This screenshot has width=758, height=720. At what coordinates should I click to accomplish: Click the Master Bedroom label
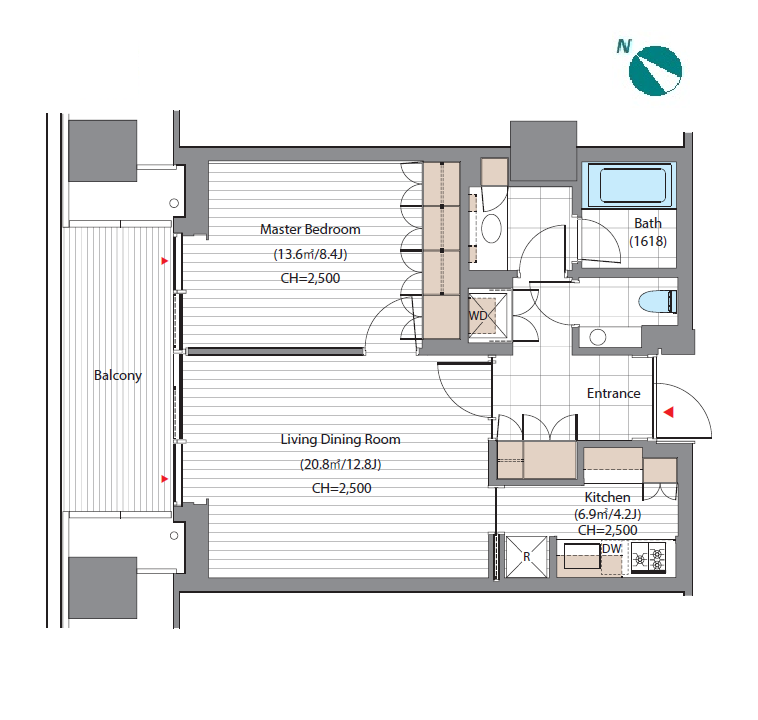pyautogui.click(x=310, y=229)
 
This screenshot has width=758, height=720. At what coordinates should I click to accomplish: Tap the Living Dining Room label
pyautogui.click(x=341, y=440)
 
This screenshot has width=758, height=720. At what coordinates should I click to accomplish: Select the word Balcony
pyautogui.click(x=118, y=376)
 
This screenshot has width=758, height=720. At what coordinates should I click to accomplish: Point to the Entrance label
pyautogui.click(x=613, y=394)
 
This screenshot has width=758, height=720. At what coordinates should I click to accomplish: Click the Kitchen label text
pyautogui.click(x=608, y=497)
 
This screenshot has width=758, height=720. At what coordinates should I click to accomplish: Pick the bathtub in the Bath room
pyautogui.click(x=629, y=185)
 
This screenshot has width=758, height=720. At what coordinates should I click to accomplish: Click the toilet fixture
pyautogui.click(x=657, y=302)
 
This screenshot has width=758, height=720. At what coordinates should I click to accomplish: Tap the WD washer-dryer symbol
pyautogui.click(x=488, y=316)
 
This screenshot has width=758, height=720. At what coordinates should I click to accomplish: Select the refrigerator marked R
pyautogui.click(x=526, y=557)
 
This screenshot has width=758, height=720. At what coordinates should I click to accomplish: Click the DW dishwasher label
pyautogui.click(x=612, y=549)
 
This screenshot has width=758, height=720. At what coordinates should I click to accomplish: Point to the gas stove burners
pyautogui.click(x=649, y=558)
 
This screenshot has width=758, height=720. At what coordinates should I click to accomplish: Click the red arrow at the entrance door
pyautogui.click(x=669, y=412)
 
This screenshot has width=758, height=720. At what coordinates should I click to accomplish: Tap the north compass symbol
pyautogui.click(x=656, y=71)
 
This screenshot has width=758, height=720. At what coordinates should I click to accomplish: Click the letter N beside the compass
pyautogui.click(x=624, y=46)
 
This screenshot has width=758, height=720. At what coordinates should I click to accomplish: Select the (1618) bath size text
pyautogui.click(x=648, y=241)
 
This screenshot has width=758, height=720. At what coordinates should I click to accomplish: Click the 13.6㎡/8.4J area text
pyautogui.click(x=310, y=254)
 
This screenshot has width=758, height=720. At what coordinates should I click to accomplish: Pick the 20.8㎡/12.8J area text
pyautogui.click(x=341, y=464)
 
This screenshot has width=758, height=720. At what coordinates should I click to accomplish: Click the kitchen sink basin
pyautogui.click(x=583, y=556)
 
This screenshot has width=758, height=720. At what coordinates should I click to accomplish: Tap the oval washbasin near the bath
pyautogui.click(x=492, y=228)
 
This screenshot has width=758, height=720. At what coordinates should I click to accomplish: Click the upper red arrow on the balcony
pyautogui.click(x=164, y=261)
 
